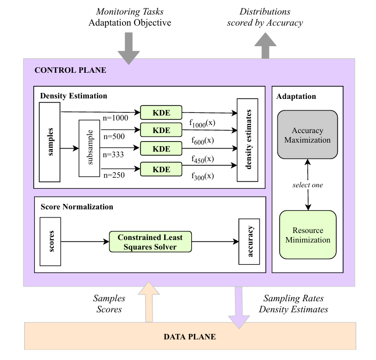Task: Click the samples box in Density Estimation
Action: pyautogui.click(x=50, y=142)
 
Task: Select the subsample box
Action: pyautogui.click(x=90, y=148)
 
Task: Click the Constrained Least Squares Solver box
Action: pyautogui.click(x=150, y=242)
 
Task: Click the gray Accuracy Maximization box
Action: pyautogui.click(x=308, y=135)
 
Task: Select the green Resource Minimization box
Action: pyautogui.click(x=308, y=234)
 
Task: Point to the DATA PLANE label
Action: pyautogui.click(x=190, y=336)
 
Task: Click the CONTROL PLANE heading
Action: pyautogui.click(x=70, y=70)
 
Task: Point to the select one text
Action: pyautogui.click(x=308, y=185)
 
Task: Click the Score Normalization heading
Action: pyautogui.click(x=77, y=207)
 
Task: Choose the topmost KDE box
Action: pyautogui.click(x=161, y=111)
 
